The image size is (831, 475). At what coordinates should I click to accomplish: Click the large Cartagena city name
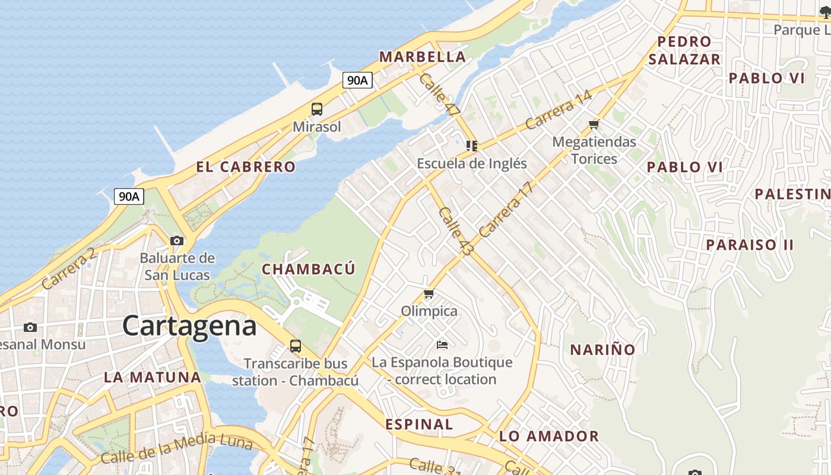click(189, 326)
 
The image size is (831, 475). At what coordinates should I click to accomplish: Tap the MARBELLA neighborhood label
click(423, 57)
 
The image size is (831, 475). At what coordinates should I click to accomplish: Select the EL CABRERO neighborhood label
click(246, 167)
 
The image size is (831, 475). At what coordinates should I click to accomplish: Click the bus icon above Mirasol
click(317, 109)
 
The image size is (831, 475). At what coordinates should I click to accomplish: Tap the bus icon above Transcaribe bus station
click(295, 346)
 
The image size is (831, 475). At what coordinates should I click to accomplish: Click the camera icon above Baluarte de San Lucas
click(177, 240)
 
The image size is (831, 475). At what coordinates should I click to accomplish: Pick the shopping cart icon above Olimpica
click(429, 293)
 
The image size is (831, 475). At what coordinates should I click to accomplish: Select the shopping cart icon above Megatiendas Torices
click(594, 125)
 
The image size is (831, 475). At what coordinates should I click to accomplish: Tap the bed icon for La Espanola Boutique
click(442, 344)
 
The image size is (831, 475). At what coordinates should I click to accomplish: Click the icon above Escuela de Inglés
click(472, 145)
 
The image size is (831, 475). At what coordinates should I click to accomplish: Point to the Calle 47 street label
click(439, 93)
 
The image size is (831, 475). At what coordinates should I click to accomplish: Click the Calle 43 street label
click(457, 232)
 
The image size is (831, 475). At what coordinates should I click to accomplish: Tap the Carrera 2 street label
click(69, 269)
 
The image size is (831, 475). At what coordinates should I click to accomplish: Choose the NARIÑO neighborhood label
click(602, 350)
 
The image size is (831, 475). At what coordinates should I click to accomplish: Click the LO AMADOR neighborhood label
click(549, 436)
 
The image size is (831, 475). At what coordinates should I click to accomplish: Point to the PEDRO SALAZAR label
click(684, 50)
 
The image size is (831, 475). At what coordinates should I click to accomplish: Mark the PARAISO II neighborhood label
click(750, 245)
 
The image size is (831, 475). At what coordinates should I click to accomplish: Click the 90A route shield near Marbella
click(357, 80)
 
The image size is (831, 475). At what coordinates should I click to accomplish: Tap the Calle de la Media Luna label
click(176, 449)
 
